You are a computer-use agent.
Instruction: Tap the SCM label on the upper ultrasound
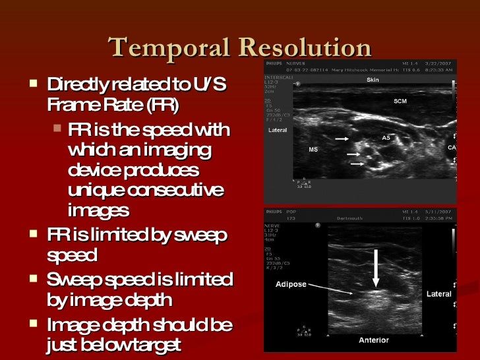click(400, 101)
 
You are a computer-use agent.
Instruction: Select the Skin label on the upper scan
click(373, 80)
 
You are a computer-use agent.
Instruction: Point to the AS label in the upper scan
click(386, 138)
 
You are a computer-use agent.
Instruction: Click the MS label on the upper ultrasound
click(313, 150)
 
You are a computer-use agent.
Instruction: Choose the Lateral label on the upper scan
click(277, 130)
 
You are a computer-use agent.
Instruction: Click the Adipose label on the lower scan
click(290, 285)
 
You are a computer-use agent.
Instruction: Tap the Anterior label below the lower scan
click(373, 340)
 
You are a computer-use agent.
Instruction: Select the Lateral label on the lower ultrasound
click(438, 293)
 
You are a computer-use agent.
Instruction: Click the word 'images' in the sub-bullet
click(98, 210)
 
